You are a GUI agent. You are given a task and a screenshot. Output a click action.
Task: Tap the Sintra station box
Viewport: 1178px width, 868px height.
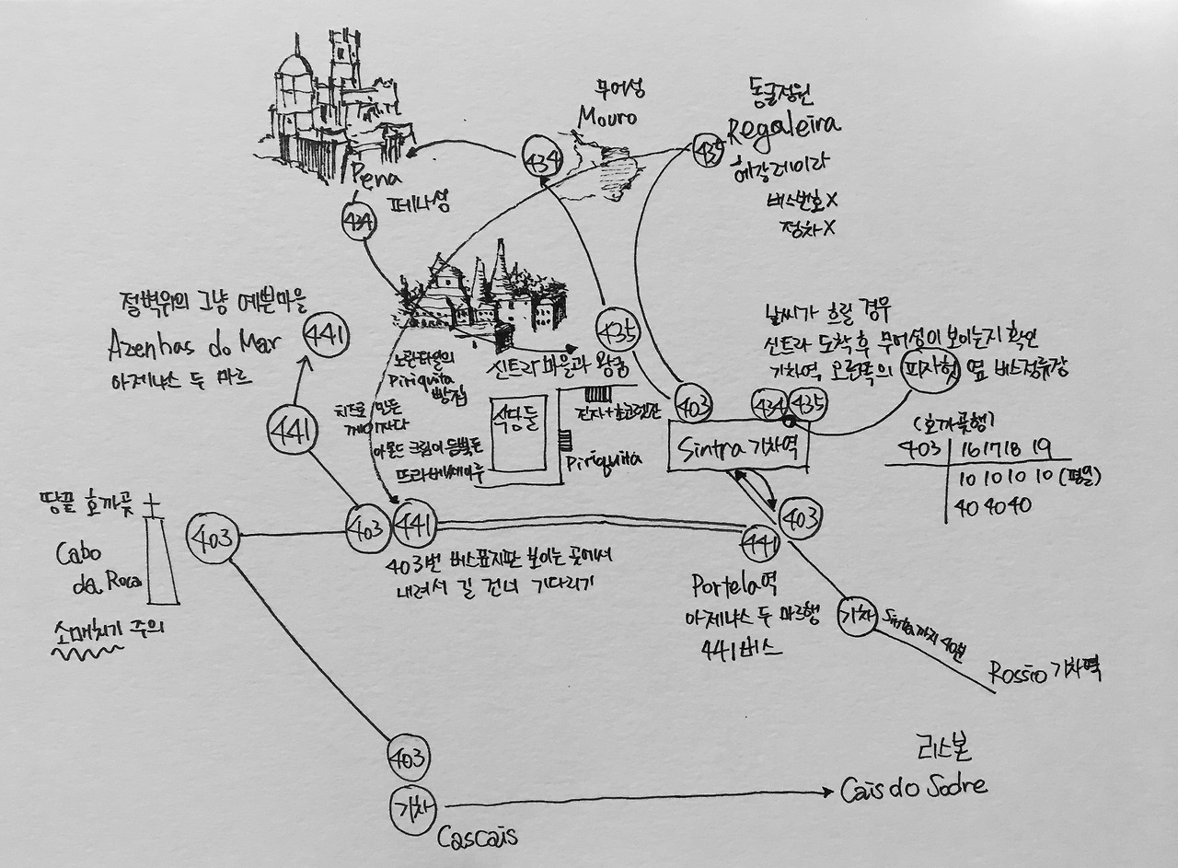[x=740, y=448]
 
